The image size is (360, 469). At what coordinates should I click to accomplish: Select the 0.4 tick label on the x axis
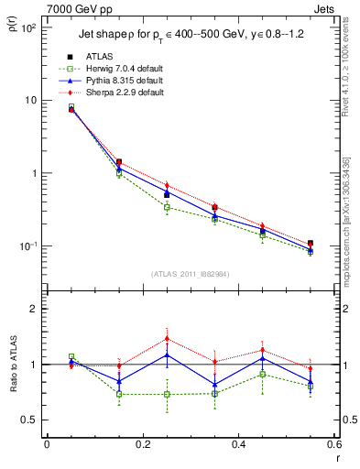point(238,446)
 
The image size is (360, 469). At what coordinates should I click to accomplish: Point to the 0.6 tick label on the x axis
point(334,446)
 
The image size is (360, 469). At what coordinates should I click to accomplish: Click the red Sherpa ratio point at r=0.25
point(167,338)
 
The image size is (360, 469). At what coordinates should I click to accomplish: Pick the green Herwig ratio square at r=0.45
point(263,375)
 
